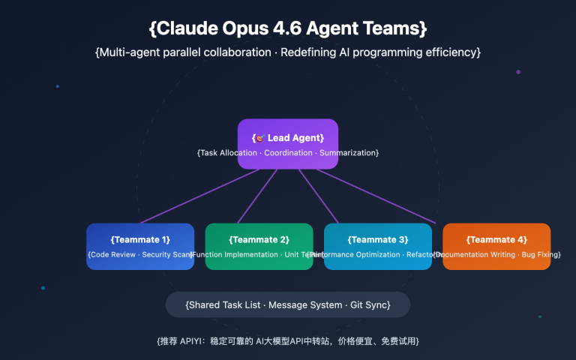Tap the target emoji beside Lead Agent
click(x=260, y=138)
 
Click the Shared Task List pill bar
click(x=288, y=305)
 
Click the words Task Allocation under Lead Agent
click(x=228, y=153)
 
